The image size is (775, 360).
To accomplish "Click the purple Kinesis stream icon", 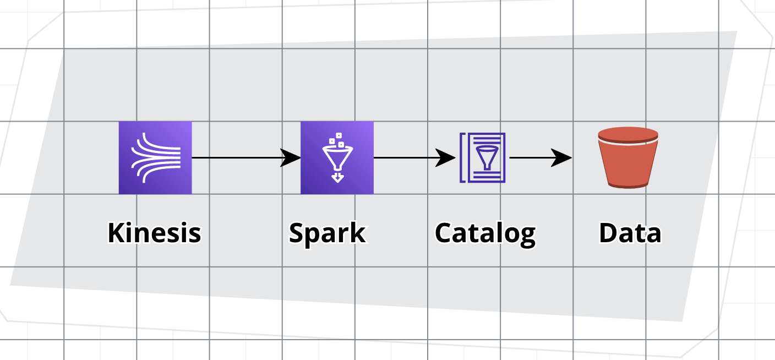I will [x=155, y=158].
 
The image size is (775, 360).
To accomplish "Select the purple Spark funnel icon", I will [x=337, y=158].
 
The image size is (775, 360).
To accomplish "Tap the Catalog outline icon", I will [x=483, y=158].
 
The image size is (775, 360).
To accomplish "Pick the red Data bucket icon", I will [x=628, y=158].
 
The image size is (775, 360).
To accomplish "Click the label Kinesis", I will [x=154, y=233].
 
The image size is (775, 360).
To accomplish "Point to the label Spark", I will [x=327, y=233].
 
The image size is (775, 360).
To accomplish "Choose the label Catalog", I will [x=485, y=233].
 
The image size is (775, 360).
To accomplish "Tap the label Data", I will [x=630, y=233].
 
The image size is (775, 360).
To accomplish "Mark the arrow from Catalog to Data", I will [x=537, y=158].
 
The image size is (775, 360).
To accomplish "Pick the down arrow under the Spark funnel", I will [x=337, y=177].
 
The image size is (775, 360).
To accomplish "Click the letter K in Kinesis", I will [x=115, y=233].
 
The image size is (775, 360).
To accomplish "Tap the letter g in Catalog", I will [x=526, y=236].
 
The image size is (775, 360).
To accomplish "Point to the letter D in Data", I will [x=608, y=233].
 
